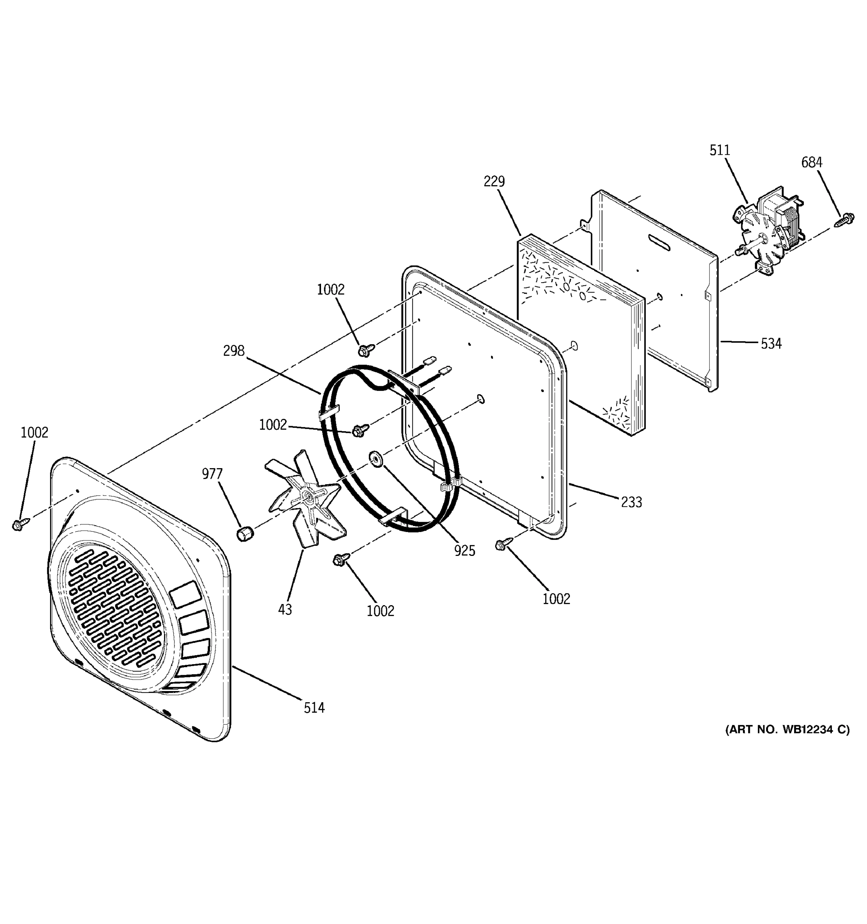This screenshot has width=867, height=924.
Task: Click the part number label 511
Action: tap(719, 150)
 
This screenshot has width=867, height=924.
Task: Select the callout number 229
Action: tap(494, 181)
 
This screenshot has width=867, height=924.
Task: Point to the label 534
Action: tap(771, 343)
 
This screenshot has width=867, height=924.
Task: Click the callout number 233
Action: tap(631, 502)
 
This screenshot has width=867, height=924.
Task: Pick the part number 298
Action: tap(234, 350)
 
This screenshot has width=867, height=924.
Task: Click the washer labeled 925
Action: tap(375, 458)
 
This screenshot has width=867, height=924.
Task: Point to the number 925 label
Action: tap(465, 551)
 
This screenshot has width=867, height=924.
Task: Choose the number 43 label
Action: tap(285, 609)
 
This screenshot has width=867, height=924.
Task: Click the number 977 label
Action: tap(212, 474)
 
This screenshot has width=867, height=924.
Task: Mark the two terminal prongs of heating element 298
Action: tap(437, 365)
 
